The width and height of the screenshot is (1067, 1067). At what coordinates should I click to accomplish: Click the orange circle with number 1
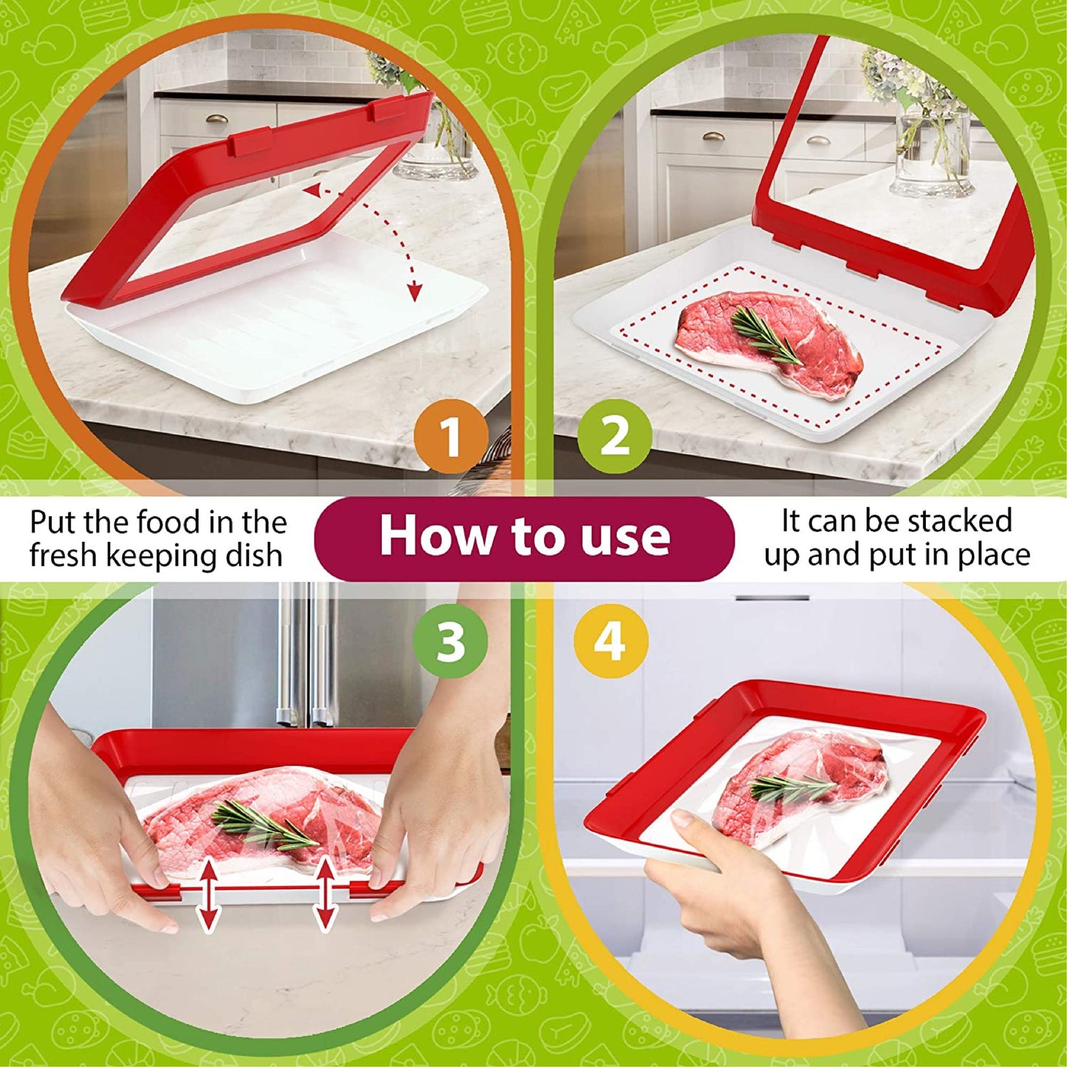(451, 436)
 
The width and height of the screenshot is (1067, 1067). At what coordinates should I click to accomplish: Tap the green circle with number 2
(614, 436)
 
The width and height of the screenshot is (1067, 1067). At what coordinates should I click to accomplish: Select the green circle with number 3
(450, 641)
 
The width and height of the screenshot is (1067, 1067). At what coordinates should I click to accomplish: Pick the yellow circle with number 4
(610, 641)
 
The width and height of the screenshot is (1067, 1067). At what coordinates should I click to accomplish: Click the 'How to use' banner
(524, 537)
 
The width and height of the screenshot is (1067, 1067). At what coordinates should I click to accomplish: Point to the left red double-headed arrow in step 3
(210, 894)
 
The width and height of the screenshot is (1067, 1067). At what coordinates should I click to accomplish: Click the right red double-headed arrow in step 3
(325, 894)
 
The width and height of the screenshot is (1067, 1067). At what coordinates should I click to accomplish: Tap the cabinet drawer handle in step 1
(216, 118)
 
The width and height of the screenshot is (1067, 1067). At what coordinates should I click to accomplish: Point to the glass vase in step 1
(436, 151)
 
